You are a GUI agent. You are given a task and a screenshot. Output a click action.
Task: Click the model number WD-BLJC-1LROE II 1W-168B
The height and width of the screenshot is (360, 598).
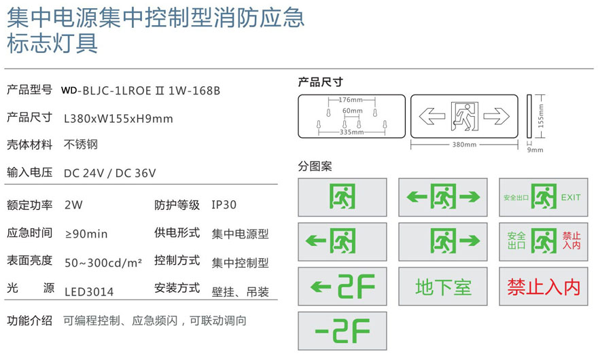pos(141,91)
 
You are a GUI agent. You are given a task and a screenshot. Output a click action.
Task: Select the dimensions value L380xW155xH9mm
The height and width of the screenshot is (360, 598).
pos(118,119)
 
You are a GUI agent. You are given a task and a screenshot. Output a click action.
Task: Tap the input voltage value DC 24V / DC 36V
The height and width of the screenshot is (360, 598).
pos(110,173)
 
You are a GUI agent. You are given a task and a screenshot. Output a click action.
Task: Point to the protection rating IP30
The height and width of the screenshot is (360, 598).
pos(224,204)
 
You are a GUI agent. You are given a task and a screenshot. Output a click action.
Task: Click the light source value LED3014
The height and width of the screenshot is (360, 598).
pos(89,292)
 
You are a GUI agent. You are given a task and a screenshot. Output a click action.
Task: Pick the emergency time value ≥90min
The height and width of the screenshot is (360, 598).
pos(86,234)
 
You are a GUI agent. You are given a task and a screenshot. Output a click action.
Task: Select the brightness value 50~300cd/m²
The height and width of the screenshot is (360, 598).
pos(103,262)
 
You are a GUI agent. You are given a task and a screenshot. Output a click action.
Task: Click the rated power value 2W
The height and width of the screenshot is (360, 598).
pos(73,204)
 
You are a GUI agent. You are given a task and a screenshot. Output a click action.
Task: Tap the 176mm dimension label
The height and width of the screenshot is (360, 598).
pos(351,100)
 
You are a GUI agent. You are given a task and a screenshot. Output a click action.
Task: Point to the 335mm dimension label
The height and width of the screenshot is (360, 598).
pos(351,132)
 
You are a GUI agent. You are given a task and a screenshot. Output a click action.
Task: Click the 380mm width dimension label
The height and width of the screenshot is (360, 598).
pos(464,145)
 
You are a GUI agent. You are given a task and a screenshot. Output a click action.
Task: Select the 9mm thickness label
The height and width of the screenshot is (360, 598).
pos(535,150)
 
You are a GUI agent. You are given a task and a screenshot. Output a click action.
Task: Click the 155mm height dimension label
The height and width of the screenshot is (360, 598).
pos(541,116)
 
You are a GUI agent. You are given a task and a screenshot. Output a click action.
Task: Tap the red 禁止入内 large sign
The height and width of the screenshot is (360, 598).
pos(544,287)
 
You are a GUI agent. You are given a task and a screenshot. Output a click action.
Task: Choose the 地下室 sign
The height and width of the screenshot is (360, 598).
pos(443,287)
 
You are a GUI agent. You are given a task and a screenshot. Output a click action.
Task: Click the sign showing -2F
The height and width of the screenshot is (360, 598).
pos(342,331)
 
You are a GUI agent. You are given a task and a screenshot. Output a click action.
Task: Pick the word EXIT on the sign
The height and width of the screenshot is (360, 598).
pos(571,198)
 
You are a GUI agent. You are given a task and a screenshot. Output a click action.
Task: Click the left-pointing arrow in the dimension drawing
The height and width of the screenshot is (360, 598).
pos(432,116)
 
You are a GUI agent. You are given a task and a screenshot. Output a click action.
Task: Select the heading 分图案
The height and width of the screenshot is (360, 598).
pos(315,166)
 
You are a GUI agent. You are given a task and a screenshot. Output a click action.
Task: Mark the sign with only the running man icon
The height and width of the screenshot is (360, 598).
pos(342,197)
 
